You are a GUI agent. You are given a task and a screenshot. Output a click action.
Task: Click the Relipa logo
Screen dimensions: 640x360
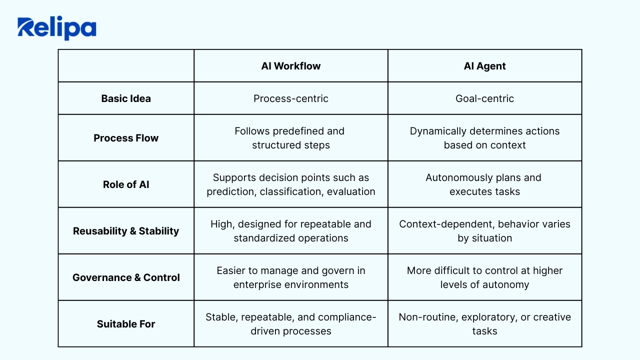(57, 28)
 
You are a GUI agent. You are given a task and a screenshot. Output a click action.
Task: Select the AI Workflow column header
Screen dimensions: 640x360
(291, 66)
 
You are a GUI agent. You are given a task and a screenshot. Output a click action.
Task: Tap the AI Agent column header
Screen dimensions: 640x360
(484, 66)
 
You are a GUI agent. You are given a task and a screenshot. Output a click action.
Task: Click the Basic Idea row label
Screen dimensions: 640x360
(126, 98)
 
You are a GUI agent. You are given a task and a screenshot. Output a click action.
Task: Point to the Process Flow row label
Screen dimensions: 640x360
(126, 138)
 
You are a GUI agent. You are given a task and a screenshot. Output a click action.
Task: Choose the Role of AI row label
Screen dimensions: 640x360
(126, 184)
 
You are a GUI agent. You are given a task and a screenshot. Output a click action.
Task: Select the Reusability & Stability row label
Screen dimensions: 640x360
(126, 231)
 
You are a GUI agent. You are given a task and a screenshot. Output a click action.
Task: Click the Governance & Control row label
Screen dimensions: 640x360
(126, 277)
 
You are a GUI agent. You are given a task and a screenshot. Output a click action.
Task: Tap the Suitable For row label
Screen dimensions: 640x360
(126, 324)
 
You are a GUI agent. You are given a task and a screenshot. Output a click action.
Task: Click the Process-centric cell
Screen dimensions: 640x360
(291, 98)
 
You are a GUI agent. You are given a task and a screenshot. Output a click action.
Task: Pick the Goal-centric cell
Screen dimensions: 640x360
(484, 98)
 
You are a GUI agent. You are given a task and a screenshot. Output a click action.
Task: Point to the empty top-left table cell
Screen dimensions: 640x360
(126, 65)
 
